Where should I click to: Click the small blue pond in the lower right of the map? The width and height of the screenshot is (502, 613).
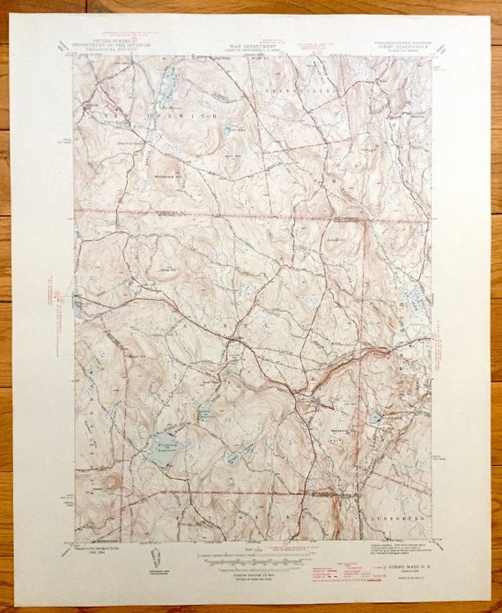[375, 416]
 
